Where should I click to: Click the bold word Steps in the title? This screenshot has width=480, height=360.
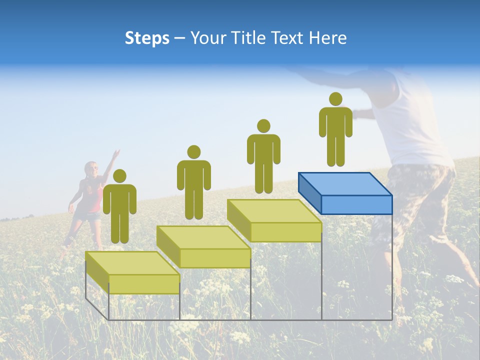147,38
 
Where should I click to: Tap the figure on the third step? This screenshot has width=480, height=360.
263,157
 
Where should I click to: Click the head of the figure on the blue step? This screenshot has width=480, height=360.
335,99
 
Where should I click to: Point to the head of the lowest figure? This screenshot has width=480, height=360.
119,176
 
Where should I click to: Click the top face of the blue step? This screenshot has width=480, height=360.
345,184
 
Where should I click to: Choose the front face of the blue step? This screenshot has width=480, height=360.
356,204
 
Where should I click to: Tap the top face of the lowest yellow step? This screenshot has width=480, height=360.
132,263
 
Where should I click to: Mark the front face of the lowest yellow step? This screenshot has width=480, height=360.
144,284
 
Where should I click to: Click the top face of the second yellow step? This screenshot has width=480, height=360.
203,237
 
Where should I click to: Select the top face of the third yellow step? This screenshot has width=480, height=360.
274,211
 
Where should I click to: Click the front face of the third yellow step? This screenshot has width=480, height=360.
285,232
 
